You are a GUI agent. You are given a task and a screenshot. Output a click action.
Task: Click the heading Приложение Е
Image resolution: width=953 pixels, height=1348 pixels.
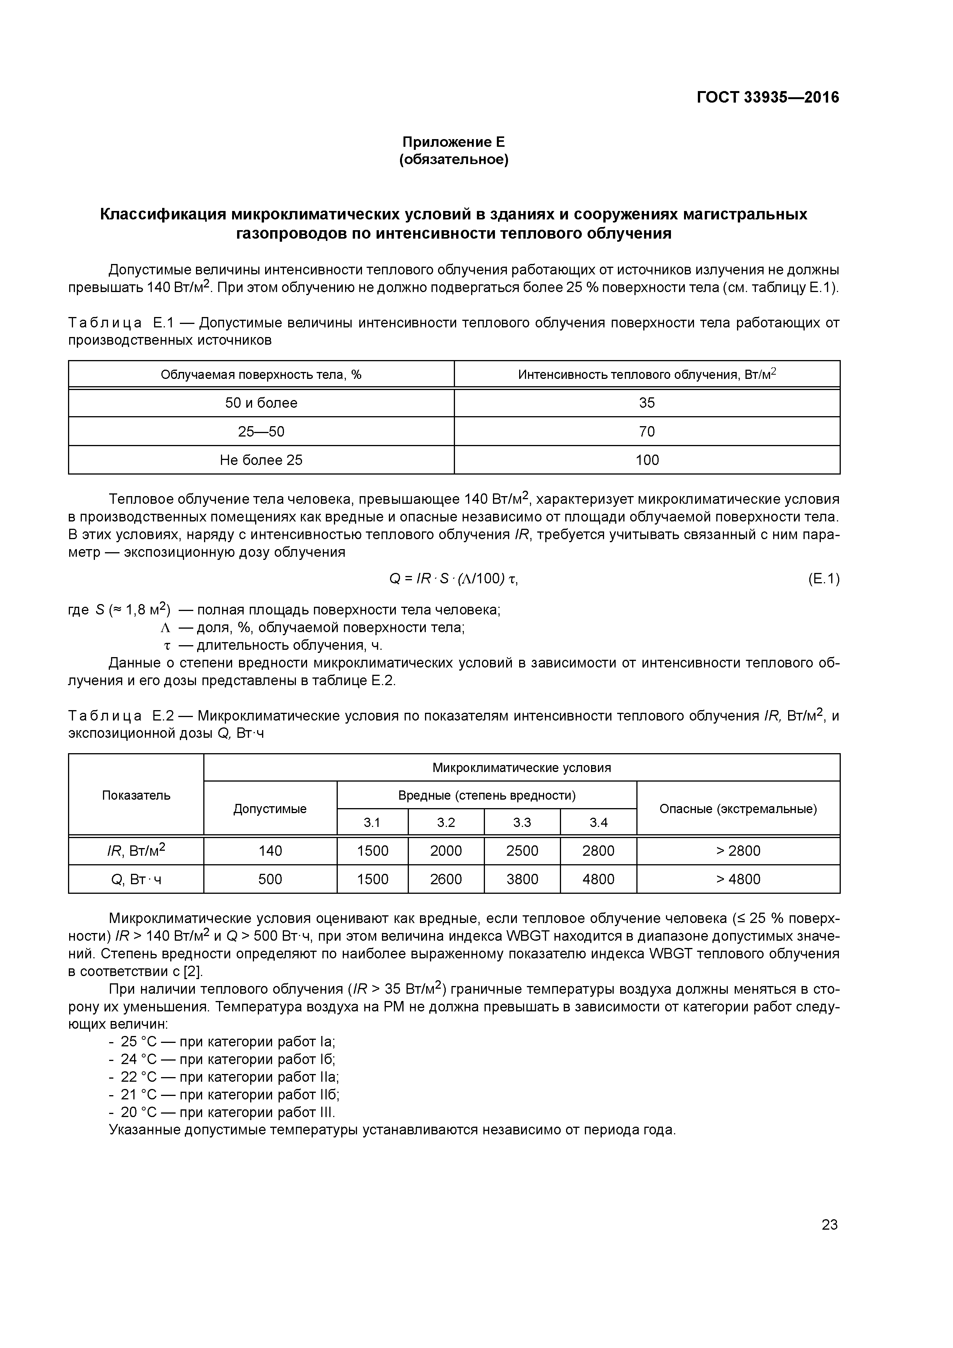click(x=453, y=142)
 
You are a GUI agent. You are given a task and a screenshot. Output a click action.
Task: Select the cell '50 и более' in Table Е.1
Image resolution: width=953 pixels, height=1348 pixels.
click(x=261, y=403)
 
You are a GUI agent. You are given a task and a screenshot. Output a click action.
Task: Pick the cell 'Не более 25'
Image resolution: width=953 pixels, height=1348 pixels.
click(x=261, y=460)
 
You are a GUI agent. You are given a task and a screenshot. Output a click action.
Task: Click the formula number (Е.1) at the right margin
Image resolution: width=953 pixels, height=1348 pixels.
click(x=823, y=579)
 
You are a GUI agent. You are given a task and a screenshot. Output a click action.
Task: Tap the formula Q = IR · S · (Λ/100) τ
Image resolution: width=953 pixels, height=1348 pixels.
click(x=453, y=579)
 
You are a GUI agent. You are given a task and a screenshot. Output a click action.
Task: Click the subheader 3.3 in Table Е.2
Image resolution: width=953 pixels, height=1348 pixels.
click(x=521, y=823)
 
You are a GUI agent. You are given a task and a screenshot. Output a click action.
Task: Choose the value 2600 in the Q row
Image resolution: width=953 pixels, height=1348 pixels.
click(x=446, y=879)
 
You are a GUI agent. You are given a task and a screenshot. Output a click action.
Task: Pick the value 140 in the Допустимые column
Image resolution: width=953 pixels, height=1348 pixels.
click(x=270, y=851)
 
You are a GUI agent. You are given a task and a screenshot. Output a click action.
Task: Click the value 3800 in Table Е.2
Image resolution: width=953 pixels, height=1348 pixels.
click(x=521, y=879)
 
